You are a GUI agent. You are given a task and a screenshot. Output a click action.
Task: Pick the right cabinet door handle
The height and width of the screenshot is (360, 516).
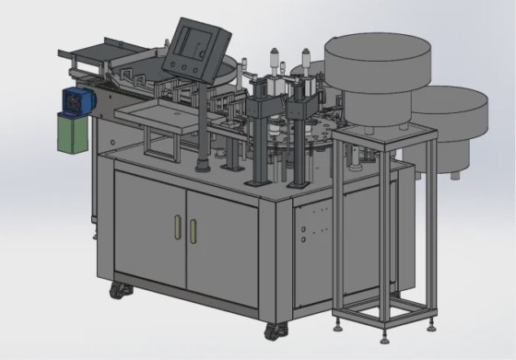click(x=194, y=230)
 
